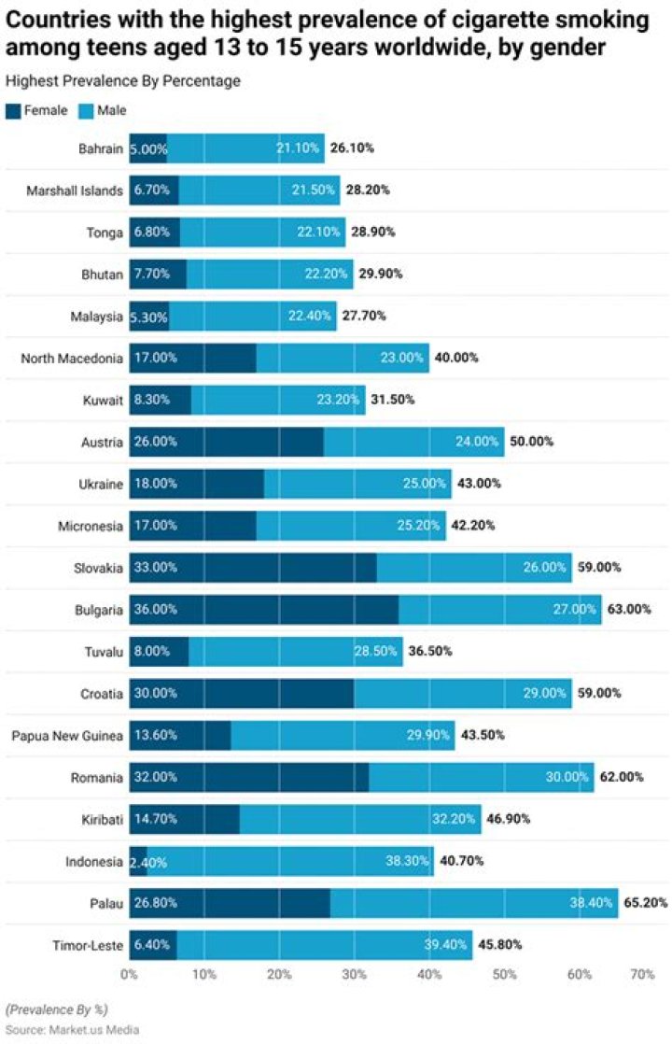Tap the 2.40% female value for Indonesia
148,861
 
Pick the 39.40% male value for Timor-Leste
445,945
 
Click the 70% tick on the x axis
642,973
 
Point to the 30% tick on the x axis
354,973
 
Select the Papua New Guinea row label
67,735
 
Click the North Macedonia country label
72,358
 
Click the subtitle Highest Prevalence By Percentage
123,81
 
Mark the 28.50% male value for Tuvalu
376,651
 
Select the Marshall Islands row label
75,190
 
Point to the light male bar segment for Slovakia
448,567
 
